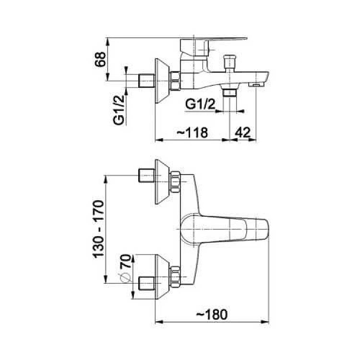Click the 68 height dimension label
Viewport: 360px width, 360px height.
pos(100,59)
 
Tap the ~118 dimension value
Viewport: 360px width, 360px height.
pos(192,132)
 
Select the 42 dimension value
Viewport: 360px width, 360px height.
pos(243,132)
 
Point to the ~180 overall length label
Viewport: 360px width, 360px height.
pos(212,314)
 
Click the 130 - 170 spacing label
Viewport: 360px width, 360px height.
pos(98,229)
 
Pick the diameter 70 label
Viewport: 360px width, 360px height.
pos(126,261)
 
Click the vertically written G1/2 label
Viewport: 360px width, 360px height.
pos(119,110)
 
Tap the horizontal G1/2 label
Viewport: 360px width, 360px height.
pos(200,104)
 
